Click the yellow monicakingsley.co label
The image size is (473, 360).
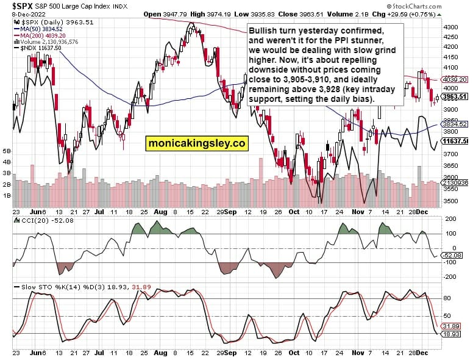(197, 143)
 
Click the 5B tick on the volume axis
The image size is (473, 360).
(7, 151)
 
